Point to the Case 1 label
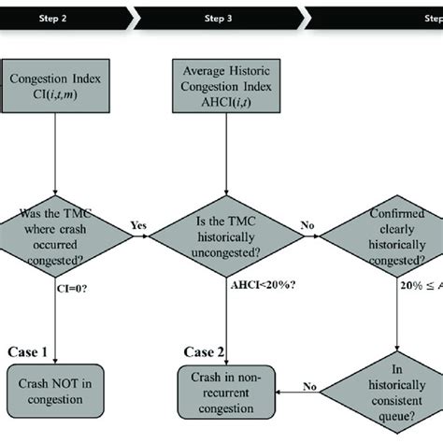(27, 350)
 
